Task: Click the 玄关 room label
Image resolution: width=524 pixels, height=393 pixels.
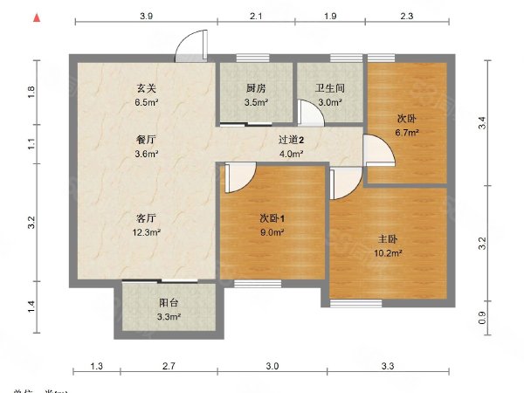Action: [146, 87]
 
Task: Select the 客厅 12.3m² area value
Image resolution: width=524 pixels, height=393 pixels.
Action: [146, 232]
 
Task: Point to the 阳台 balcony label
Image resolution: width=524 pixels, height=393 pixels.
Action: [169, 303]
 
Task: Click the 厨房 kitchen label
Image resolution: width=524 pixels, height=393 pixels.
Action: [256, 88]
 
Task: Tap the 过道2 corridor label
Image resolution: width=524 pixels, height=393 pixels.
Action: [291, 140]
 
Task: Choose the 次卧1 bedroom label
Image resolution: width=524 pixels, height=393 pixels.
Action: [272, 217]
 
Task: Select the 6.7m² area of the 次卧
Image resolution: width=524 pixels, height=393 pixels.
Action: [408, 133]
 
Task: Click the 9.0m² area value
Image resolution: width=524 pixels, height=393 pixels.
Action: [272, 232]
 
